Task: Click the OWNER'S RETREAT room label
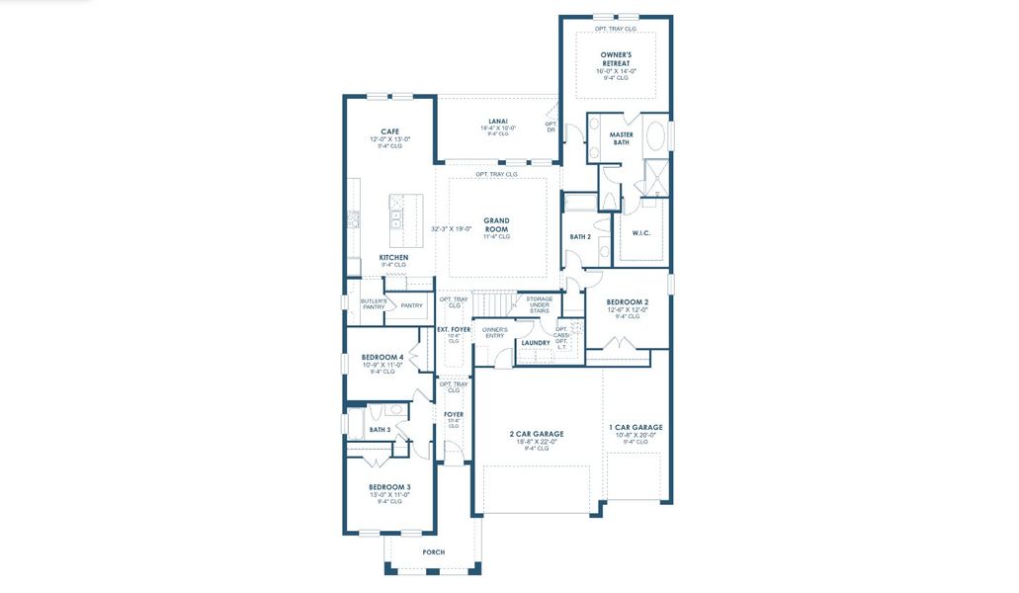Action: (x=616, y=57)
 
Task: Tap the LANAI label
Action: (x=498, y=122)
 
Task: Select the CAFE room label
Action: (x=390, y=131)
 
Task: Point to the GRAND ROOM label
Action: (x=496, y=224)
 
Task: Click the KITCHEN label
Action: (x=393, y=257)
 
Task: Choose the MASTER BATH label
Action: (x=621, y=138)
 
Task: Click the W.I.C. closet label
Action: (x=640, y=233)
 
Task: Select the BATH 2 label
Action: (x=580, y=236)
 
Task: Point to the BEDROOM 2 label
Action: (x=628, y=301)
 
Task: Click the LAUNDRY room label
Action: (x=536, y=343)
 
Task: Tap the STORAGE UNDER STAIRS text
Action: (x=539, y=304)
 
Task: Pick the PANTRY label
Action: (x=411, y=305)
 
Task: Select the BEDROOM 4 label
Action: (x=382, y=357)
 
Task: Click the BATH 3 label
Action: (x=380, y=430)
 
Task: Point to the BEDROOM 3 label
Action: (x=389, y=486)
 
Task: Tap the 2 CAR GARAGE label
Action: (x=537, y=434)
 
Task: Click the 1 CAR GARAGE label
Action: (x=636, y=427)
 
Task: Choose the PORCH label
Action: (x=433, y=552)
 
